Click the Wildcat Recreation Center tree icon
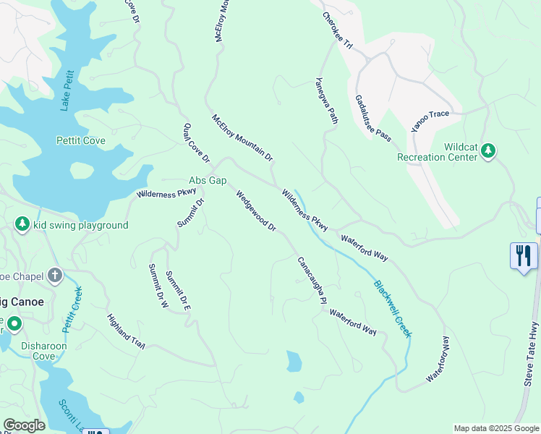click(x=489, y=150)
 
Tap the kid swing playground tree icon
click(x=22, y=225)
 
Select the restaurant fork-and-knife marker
click(x=524, y=255)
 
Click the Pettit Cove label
click(x=81, y=140)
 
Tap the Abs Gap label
click(x=208, y=180)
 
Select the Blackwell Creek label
click(x=393, y=309)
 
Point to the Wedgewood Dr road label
click(x=256, y=210)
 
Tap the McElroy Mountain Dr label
click(x=242, y=137)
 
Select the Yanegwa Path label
click(x=327, y=101)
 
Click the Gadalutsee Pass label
click(x=373, y=117)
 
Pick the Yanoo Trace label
click(x=430, y=120)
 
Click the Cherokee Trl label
click(x=337, y=33)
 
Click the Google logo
click(x=24, y=425)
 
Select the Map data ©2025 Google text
click(x=495, y=428)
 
